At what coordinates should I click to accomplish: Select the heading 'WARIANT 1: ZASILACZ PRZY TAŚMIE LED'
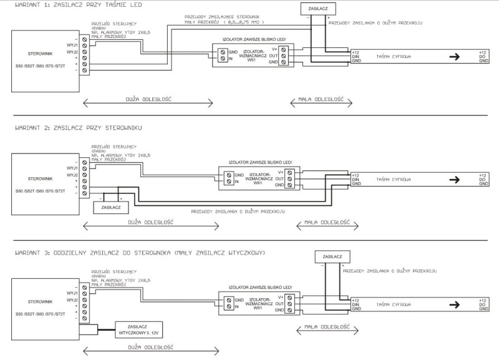(x=70, y=5)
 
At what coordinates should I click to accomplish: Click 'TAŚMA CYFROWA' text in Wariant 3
(x=394, y=305)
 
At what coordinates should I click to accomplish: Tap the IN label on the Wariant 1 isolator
(x=231, y=58)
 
